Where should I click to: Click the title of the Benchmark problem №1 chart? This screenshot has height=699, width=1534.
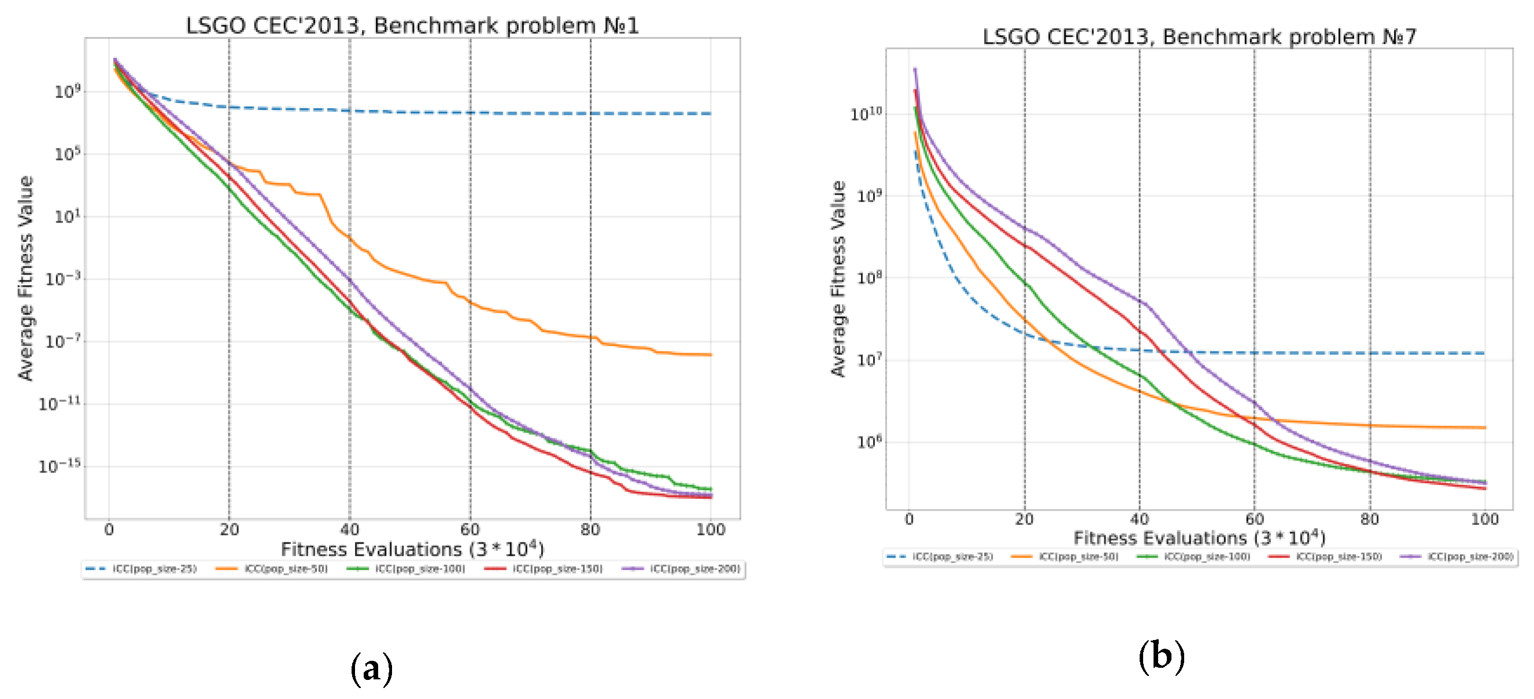click(412, 25)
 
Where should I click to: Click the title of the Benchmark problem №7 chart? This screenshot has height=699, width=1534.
click(1199, 37)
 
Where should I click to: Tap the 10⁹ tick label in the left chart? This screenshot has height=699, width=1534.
click(67, 92)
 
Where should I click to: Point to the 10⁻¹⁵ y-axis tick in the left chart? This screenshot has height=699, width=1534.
click(59, 466)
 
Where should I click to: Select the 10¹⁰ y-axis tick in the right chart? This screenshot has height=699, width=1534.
click(866, 114)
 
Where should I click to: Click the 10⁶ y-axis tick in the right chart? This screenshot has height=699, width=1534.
click(870, 442)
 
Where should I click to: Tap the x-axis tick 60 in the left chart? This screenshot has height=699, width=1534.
click(470, 530)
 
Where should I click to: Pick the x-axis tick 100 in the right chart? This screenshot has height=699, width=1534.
click(1485, 519)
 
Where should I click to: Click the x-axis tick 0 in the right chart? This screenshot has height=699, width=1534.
click(910, 519)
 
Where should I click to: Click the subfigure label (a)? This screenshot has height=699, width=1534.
click(372, 668)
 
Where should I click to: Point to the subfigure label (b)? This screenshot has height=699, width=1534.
click(1161, 656)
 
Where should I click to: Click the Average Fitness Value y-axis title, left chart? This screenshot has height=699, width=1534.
click(25, 278)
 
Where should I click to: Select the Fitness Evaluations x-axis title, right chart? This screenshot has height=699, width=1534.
click(1199, 538)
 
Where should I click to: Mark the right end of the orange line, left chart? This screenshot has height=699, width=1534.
click(711, 355)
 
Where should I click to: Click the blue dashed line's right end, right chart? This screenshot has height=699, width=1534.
click(1483, 353)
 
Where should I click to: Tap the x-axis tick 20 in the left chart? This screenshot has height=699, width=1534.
click(230, 530)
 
